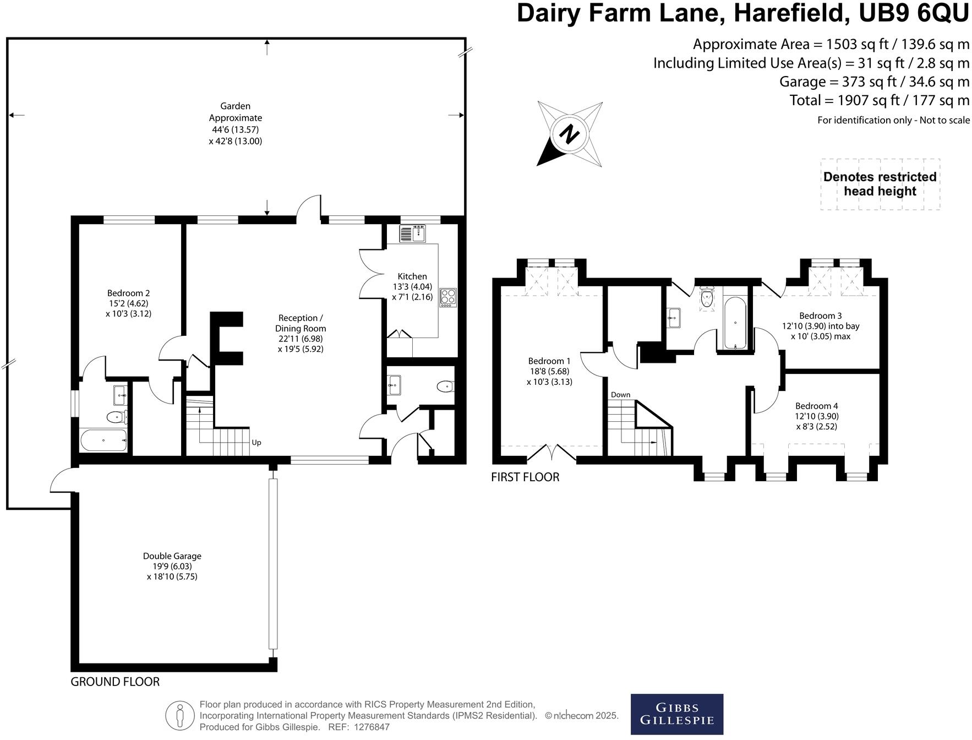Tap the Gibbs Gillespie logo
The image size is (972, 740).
coord(676,714)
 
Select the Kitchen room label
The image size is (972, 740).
coord(412,286)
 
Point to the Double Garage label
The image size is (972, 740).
coord(172,566)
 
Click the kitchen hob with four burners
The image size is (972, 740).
coord(448,297)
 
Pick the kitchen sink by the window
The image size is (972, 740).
coord(413,234)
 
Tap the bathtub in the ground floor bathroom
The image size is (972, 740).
coord(103,440)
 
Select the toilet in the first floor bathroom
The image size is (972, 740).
coord(707,297)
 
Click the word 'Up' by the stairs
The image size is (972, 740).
coord(256,443)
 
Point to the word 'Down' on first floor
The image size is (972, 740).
coord(620,395)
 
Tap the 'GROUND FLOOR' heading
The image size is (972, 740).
coord(115,682)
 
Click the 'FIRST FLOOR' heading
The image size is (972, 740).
coord(525,477)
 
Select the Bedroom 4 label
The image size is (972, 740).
coord(817,416)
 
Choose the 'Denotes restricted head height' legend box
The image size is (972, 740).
coord(880,184)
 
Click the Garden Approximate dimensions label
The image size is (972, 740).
coord(236,123)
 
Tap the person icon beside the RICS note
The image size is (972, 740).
coord(180,715)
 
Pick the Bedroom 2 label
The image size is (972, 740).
coord(128,303)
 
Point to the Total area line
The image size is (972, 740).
coord(880,100)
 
